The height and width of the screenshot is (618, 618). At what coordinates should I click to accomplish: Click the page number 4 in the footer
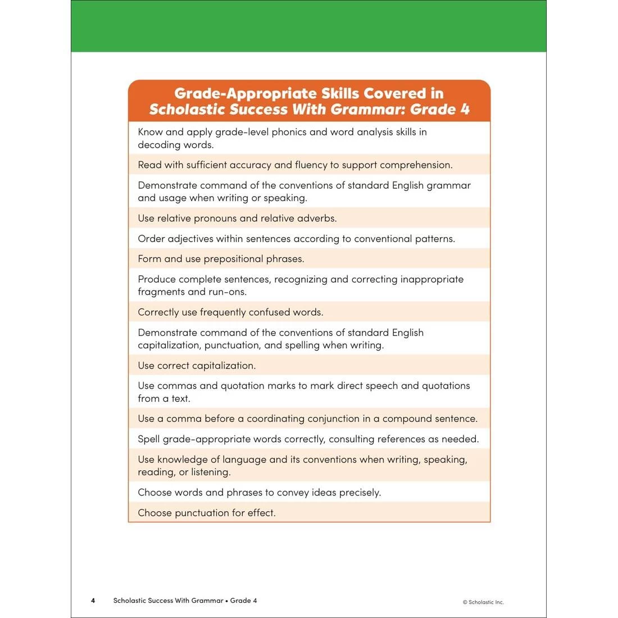pos(93,601)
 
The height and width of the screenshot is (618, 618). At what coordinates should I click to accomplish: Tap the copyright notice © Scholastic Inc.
pos(483,602)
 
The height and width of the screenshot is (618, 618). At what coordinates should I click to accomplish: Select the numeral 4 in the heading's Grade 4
pos(465,109)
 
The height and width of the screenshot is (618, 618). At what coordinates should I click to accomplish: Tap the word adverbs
pos(317,219)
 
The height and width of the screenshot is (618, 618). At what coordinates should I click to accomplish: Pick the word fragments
pos(161,292)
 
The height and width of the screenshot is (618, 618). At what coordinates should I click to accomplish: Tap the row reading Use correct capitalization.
pos(197,366)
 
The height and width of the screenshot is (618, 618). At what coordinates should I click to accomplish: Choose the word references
pos(403,439)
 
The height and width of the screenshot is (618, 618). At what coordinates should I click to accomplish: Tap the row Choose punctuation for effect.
pos(207,513)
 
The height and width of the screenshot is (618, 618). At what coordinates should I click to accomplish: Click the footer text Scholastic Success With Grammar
pos(168,601)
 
